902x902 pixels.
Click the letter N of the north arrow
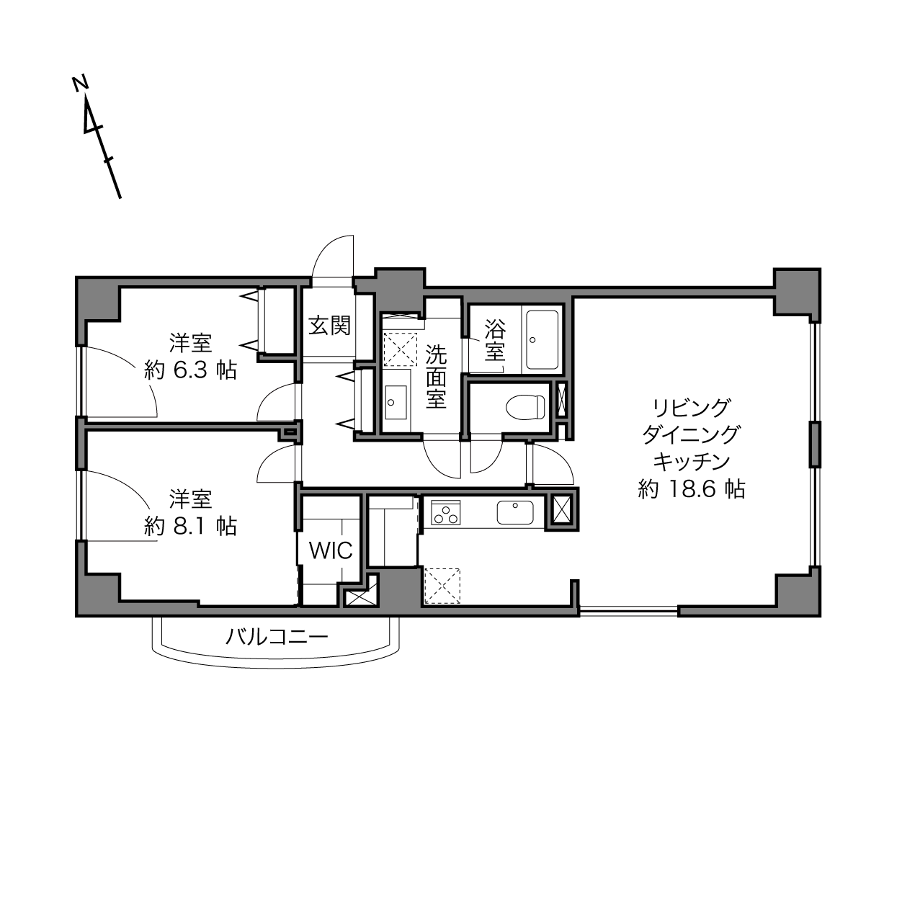point(81,83)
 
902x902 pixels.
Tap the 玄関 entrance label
point(329,326)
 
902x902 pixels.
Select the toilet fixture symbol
point(526,406)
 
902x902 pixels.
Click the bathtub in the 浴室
point(542,339)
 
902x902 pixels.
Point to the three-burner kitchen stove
point(446,512)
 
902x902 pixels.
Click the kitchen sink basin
point(515,512)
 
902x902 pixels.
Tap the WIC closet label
point(331,550)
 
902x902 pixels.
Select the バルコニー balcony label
point(277,637)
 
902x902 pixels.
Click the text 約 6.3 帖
point(190,371)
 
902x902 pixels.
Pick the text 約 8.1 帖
point(190,526)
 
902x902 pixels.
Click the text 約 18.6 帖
point(692,489)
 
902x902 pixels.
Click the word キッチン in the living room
point(692,462)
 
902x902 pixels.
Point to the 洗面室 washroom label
point(436,377)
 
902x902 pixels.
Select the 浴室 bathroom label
point(495,340)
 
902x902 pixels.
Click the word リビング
point(692,408)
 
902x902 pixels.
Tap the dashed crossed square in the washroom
point(400,349)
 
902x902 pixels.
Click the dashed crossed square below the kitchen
point(442,585)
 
